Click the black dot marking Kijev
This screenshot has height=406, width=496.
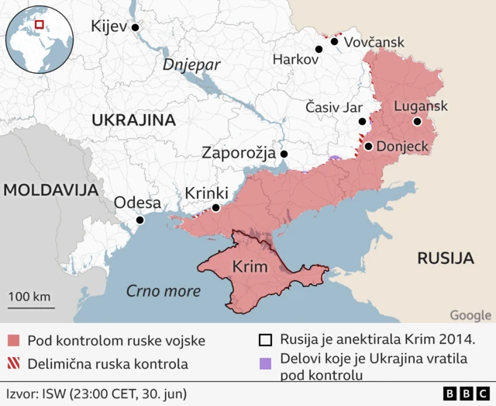135,27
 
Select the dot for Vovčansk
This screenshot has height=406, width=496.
334,41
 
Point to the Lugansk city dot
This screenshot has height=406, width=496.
417,122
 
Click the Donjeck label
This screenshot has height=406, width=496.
402,146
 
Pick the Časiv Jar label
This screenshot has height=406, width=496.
329,105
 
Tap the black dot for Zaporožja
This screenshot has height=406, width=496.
284,154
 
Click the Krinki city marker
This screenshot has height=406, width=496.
215,208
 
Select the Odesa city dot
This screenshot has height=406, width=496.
139,220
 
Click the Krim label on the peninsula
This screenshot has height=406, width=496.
250,267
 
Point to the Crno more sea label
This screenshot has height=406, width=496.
163,292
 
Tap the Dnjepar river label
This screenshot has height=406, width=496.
191,65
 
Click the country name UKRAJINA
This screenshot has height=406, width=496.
133,120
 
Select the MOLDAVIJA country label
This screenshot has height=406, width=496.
48,189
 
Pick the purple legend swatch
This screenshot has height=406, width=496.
266,363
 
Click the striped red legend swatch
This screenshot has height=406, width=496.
13,363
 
